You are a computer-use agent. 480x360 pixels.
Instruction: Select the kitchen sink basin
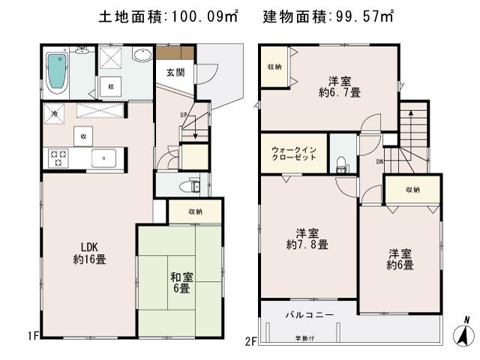point(103,158)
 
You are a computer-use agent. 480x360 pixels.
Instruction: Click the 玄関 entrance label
point(175,72)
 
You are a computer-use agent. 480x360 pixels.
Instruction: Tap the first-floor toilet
point(193,184)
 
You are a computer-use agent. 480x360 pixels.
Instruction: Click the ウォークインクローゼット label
point(294,153)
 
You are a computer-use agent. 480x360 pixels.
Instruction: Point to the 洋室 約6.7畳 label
point(339,86)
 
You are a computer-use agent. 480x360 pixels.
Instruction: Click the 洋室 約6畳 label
point(400,259)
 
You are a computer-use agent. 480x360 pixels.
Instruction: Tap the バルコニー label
point(309,315)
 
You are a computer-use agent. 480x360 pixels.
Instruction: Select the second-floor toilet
point(341,162)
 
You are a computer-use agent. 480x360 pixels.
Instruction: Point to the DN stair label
point(379,161)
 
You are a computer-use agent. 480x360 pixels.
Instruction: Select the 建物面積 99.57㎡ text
point(328,16)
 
